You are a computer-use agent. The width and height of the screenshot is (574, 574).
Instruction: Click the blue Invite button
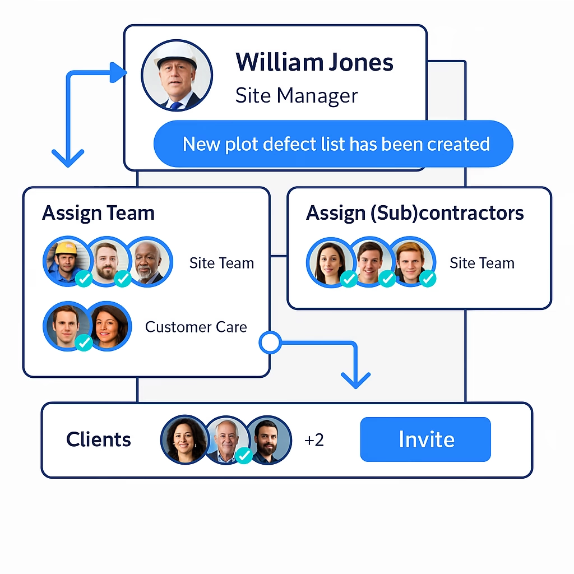tap(425, 439)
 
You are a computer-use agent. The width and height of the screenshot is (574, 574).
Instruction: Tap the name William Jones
tap(314, 62)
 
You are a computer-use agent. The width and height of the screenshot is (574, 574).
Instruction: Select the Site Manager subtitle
tap(296, 95)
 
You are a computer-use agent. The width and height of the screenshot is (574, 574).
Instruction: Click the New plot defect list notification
tap(336, 144)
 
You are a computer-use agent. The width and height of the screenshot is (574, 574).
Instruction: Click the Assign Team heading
tap(98, 213)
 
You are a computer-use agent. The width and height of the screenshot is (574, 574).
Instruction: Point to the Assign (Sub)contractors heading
tap(415, 213)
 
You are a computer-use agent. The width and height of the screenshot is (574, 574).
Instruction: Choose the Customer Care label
tap(196, 327)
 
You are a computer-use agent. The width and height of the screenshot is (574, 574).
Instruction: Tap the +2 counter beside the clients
tap(314, 440)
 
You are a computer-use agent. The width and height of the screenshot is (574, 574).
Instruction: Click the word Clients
tap(99, 439)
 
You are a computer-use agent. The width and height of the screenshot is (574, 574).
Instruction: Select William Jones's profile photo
tap(177, 76)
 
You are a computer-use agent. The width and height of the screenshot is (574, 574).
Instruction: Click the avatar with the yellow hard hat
tap(67, 261)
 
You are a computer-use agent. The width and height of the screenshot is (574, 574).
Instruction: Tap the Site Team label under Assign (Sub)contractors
tap(482, 263)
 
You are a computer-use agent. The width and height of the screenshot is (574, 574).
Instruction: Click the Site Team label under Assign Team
tap(221, 263)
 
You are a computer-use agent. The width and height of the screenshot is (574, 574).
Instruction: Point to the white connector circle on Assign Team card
tap(270, 342)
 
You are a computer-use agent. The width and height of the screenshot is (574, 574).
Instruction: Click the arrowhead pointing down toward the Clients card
tap(355, 380)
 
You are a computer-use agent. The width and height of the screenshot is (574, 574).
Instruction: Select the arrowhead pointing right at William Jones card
tap(119, 73)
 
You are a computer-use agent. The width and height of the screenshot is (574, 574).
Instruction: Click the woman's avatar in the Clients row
tap(184, 439)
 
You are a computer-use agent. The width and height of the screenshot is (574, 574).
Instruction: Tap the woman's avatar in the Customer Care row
tap(109, 326)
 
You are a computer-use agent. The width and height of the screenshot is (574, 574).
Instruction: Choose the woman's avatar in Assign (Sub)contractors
tap(330, 262)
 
